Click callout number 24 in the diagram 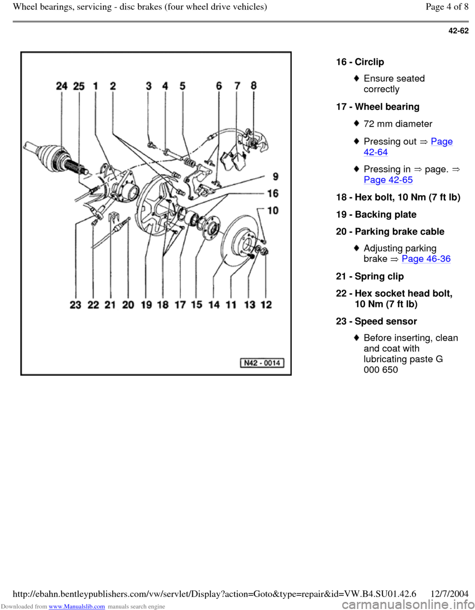click(62, 86)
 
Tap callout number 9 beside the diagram click(276, 176)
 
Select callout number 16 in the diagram click(273, 194)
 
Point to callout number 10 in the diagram click(273, 210)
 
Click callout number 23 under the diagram click(76, 304)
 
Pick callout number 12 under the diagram click(266, 304)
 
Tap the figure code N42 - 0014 click(262, 363)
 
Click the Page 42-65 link click(388, 179)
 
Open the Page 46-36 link click(426, 259)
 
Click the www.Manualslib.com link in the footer click(77, 606)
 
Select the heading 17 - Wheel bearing click(378, 107)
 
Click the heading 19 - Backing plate click(377, 214)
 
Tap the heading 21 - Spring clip click(370, 276)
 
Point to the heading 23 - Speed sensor click(377, 321)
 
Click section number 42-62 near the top click(458, 31)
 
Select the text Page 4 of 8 click(447, 7)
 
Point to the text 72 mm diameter click(398, 124)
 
